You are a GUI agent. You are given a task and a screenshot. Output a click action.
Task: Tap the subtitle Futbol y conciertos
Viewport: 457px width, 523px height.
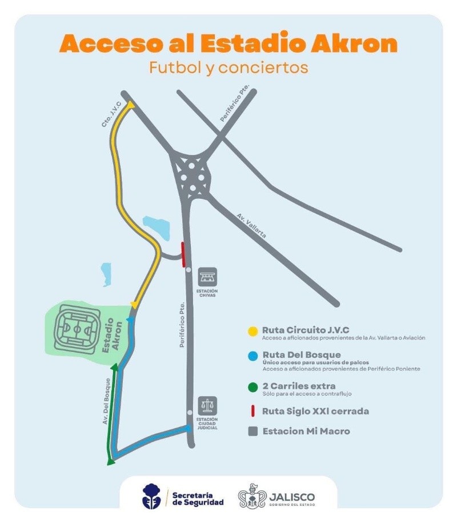tap(228, 67)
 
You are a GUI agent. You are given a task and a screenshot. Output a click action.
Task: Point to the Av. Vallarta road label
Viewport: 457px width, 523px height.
tap(251, 225)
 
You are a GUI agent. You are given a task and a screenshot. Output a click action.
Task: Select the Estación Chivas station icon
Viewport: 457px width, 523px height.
tap(207, 277)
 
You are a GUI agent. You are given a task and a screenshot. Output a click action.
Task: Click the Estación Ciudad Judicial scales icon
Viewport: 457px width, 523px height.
tap(208, 405)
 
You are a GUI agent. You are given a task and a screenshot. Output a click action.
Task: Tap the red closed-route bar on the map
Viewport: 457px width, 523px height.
tap(183, 254)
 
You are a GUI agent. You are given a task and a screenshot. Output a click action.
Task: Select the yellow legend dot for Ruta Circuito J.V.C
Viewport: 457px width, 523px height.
tap(252, 331)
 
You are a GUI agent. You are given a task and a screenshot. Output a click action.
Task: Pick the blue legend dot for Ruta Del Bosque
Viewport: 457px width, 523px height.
tap(252, 356)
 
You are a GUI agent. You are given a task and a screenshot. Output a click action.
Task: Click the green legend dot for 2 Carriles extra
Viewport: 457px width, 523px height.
tap(252, 387)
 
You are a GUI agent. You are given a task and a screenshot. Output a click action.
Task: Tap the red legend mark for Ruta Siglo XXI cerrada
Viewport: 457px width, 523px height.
tap(252, 411)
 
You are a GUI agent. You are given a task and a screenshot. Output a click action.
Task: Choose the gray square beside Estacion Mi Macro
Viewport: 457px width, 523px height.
tap(252, 432)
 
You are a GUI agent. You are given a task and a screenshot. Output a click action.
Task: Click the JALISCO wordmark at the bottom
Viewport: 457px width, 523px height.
tap(292, 495)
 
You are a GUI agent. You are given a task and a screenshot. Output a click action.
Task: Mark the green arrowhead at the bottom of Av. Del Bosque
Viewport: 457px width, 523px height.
tap(110, 462)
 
